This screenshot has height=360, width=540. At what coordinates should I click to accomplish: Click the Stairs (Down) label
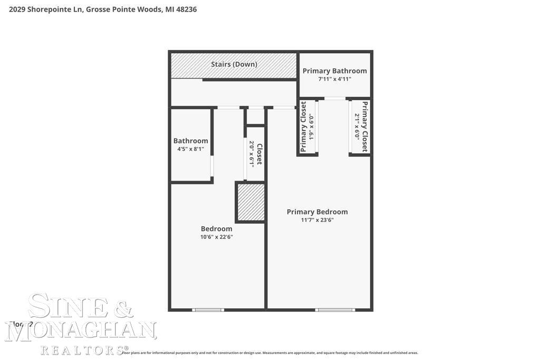(x=234, y=64)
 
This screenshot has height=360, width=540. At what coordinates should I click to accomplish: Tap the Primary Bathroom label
(x=334, y=71)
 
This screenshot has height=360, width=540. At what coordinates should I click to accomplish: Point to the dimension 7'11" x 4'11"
(x=334, y=79)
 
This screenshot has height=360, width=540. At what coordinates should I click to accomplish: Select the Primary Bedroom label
(x=317, y=212)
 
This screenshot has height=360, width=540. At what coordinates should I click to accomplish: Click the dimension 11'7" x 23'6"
(x=317, y=220)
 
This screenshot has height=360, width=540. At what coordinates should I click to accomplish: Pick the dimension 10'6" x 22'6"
(x=216, y=237)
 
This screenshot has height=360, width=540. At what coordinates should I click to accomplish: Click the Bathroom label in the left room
(x=190, y=141)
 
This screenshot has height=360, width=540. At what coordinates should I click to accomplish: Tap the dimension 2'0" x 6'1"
(x=252, y=153)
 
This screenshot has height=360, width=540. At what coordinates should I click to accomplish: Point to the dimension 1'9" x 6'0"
(x=311, y=127)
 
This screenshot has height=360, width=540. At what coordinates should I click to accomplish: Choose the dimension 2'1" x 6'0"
(x=357, y=127)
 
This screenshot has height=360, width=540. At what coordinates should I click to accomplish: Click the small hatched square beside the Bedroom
(x=250, y=202)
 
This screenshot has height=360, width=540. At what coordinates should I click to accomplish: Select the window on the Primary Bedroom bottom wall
(x=335, y=309)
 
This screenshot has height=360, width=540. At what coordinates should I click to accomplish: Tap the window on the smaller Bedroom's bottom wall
(x=208, y=309)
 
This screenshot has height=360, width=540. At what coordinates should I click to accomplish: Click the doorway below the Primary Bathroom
(x=335, y=99)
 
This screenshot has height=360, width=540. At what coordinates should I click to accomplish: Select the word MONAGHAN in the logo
(x=81, y=330)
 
